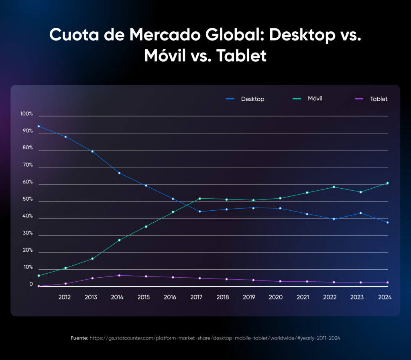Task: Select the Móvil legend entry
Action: pyautogui.click(x=309, y=98)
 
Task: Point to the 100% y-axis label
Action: pyautogui.click(x=26, y=114)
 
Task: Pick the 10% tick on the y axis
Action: pyautogui.click(x=28, y=267)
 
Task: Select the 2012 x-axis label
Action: pyautogui.click(x=65, y=297)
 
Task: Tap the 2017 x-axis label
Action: pyautogui.click(x=196, y=297)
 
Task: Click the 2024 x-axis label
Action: pyautogui.click(x=384, y=297)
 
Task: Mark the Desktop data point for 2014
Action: pyautogui.click(x=119, y=173)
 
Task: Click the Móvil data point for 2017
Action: pyautogui.click(x=199, y=198)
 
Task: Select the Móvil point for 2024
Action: pyautogui.click(x=387, y=183)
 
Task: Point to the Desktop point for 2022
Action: pyautogui.click(x=334, y=219)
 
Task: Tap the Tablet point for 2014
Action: pyautogui.click(x=119, y=275)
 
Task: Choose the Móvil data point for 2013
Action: pyautogui.click(x=92, y=258)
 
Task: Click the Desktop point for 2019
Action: pyautogui.click(x=253, y=208)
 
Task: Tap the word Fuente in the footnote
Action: pyautogui.click(x=79, y=338)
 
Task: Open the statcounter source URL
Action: pyautogui.click(x=215, y=338)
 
